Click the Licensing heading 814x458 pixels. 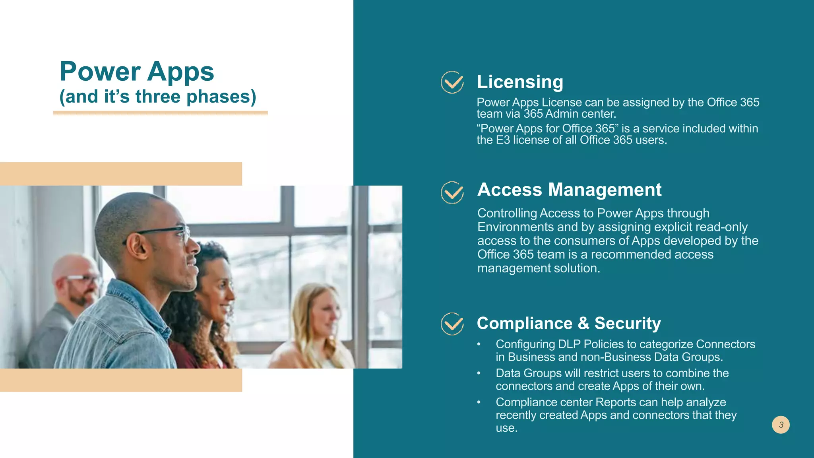point(520,82)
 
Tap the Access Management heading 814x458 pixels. point(569,190)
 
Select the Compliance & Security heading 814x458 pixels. point(568,323)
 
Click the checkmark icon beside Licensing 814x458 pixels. point(452,82)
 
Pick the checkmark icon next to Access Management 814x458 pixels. point(452,193)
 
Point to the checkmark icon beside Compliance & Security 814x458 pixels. point(452,324)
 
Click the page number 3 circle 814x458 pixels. point(781,425)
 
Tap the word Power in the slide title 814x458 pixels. point(100,72)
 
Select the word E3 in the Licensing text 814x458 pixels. point(502,140)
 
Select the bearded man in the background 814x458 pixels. point(76,290)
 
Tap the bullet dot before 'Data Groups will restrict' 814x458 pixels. point(479,373)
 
